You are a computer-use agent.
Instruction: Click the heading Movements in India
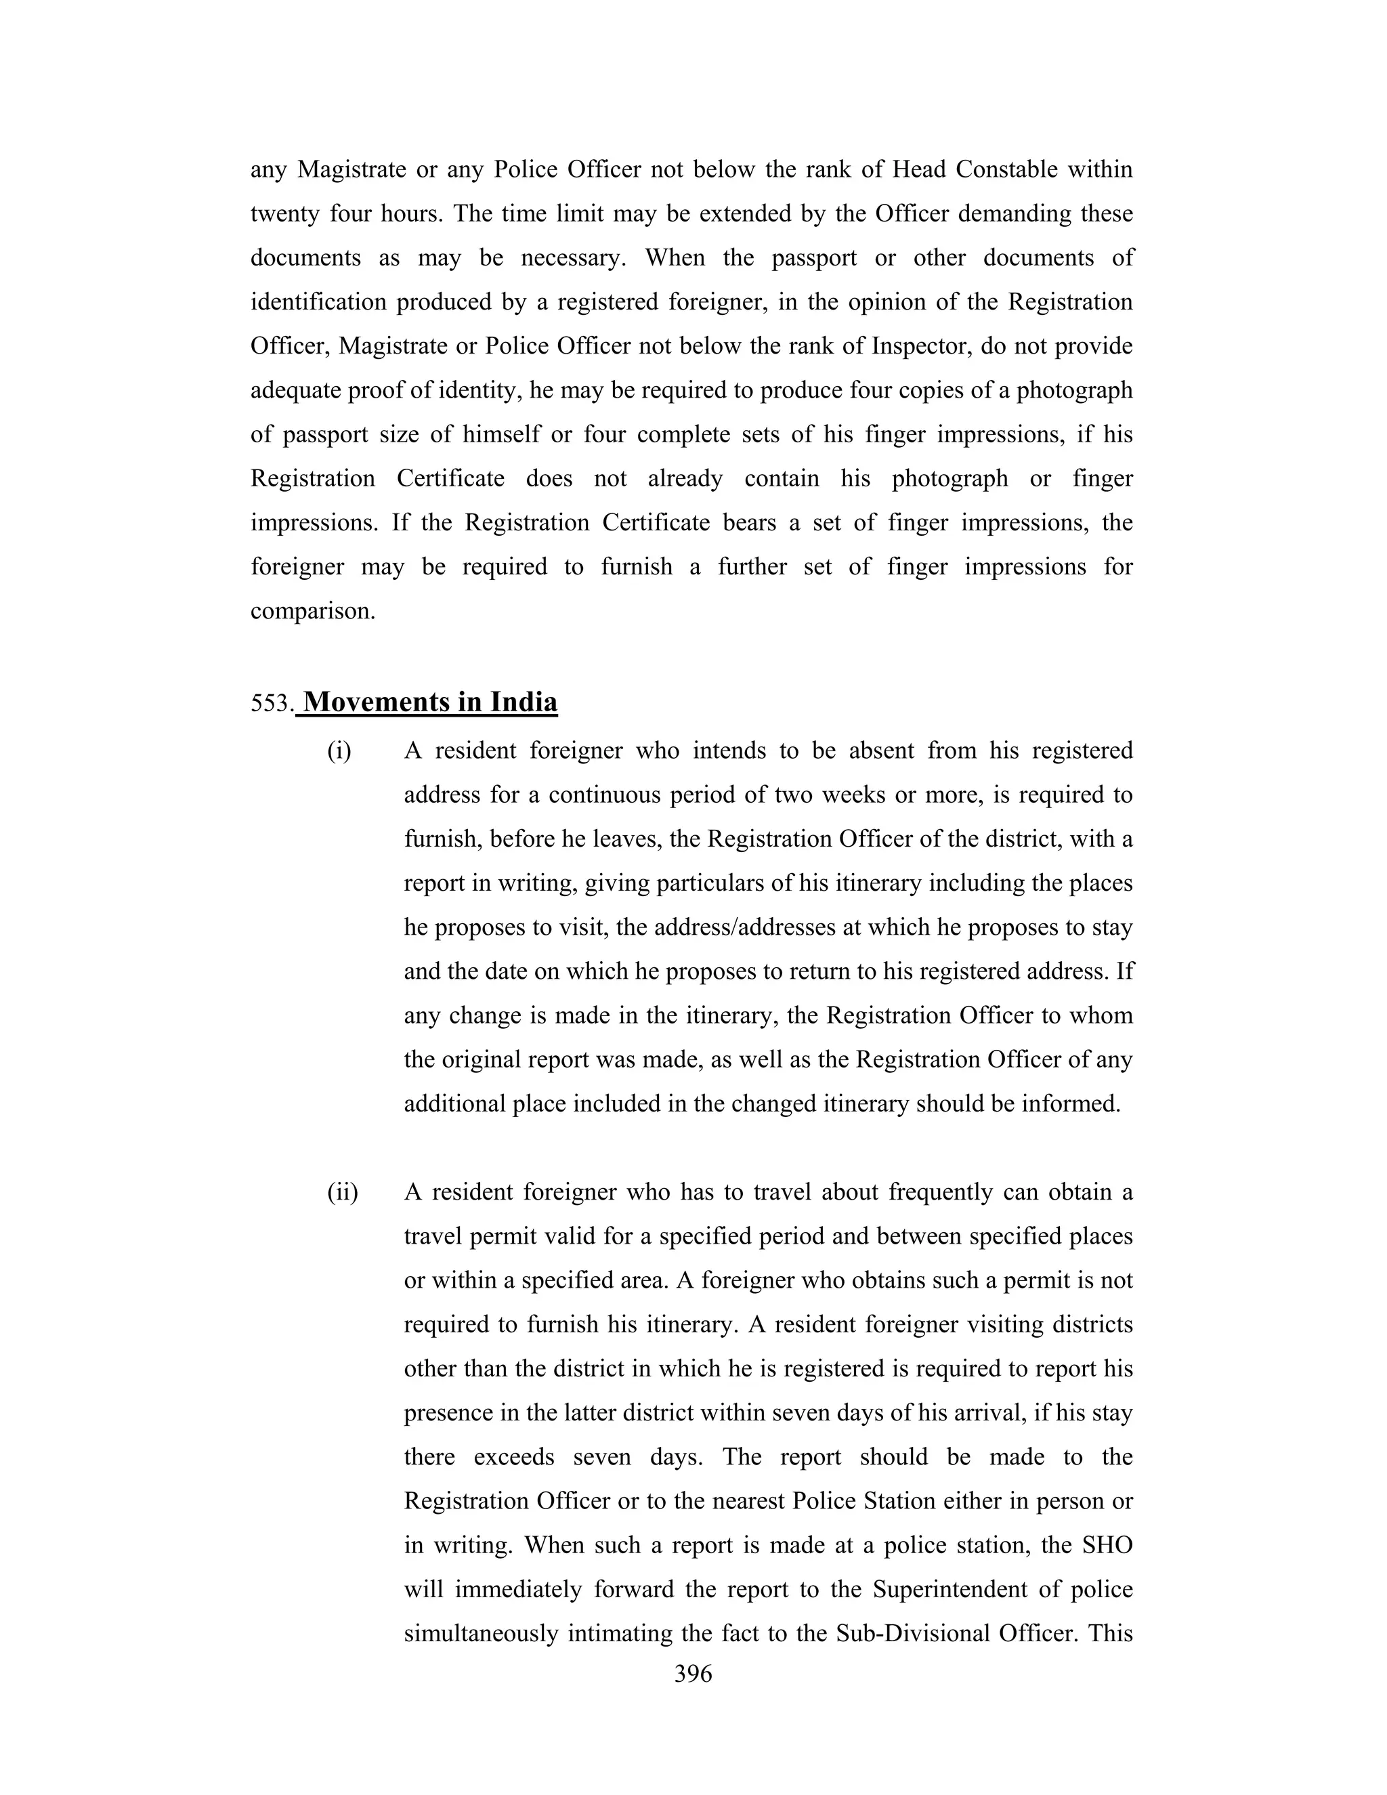coord(430,702)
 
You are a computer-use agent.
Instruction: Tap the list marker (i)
coord(339,751)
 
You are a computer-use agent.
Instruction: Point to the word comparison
coord(312,612)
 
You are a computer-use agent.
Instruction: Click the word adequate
coord(296,390)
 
